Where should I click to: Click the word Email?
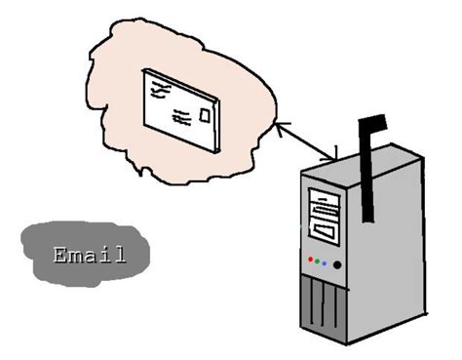89,257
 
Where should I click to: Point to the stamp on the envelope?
205,116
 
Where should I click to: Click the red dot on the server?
310,260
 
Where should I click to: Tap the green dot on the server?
318,261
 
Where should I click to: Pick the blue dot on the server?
326,262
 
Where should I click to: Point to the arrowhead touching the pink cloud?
280,126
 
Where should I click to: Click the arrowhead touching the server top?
333,156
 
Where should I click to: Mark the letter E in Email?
61,257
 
